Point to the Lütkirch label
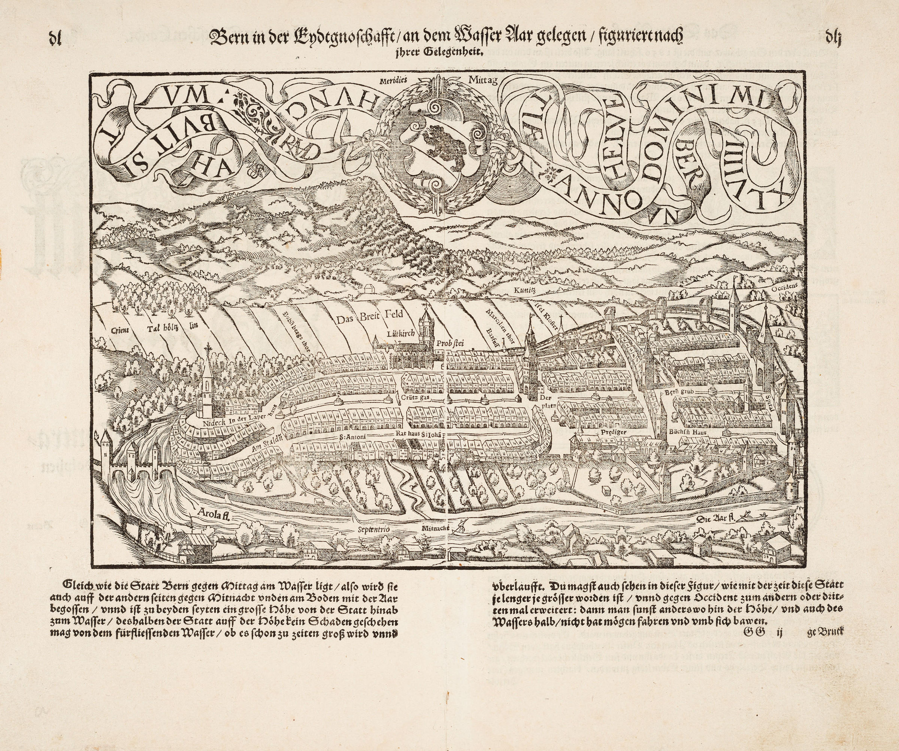pyautogui.click(x=399, y=334)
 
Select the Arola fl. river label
pyautogui.click(x=213, y=513)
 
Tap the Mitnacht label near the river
pyautogui.click(x=434, y=529)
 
